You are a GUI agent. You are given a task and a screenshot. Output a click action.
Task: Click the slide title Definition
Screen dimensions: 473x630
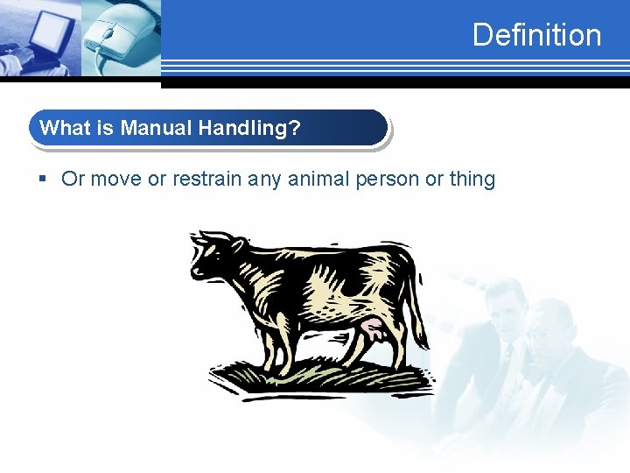[536, 35]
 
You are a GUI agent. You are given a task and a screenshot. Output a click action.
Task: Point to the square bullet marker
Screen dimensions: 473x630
[43, 180]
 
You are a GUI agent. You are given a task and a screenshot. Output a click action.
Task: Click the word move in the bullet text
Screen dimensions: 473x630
[115, 180]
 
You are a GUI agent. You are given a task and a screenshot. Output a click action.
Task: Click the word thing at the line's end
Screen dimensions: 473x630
[472, 180]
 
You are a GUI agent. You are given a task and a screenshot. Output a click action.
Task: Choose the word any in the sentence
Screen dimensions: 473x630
[265, 180]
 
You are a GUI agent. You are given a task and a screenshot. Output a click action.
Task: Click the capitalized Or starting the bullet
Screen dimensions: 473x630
[73, 180]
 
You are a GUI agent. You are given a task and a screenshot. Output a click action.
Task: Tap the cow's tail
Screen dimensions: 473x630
[417, 298]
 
